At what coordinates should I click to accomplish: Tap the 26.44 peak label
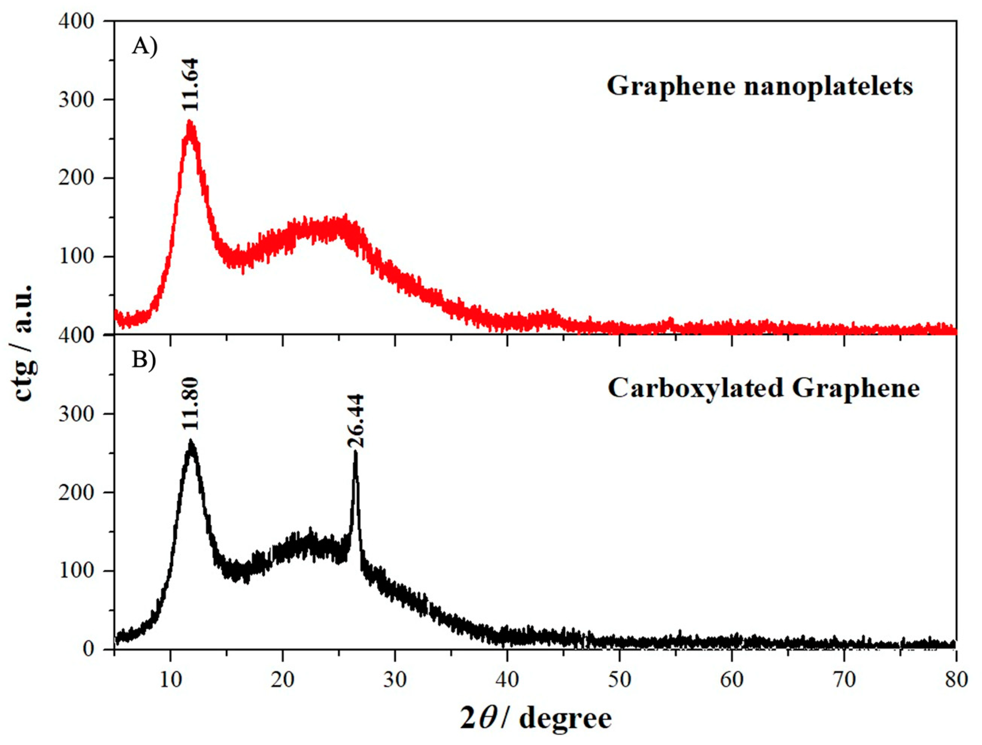(356, 421)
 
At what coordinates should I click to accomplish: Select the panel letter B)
(144, 361)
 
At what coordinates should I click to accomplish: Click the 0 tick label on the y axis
(89, 649)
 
